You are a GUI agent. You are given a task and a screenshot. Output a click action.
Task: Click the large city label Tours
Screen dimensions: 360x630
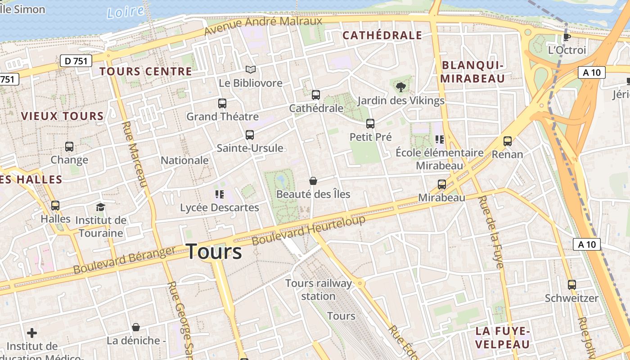(214, 251)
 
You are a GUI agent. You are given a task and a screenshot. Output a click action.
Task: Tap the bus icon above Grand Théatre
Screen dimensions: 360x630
(222, 103)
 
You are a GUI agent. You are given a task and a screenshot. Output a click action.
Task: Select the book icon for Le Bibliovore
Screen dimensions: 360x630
(251, 70)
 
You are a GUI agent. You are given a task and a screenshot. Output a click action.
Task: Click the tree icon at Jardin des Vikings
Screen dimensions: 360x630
(400, 87)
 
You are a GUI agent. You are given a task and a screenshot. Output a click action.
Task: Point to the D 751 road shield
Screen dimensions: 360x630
(76, 61)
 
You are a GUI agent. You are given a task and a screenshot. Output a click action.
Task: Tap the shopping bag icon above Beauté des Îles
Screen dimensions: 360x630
(313, 181)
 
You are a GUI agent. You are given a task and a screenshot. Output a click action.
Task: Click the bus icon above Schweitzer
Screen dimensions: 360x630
(571, 285)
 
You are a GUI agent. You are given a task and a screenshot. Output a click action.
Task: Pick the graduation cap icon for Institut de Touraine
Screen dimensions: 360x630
(100, 207)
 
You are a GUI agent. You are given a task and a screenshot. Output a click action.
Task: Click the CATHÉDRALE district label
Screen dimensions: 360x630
(382, 36)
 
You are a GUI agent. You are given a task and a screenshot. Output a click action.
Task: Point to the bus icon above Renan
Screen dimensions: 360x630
(508, 141)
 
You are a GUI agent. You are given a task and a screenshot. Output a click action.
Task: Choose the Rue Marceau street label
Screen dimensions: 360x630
(135, 154)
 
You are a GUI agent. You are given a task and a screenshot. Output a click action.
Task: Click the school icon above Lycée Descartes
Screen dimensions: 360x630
(220, 194)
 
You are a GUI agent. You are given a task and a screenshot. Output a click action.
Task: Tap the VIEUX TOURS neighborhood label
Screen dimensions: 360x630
(62, 116)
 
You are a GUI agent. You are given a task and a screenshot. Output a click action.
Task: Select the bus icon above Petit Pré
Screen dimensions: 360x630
(370, 124)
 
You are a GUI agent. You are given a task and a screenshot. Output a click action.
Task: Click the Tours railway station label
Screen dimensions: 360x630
(319, 289)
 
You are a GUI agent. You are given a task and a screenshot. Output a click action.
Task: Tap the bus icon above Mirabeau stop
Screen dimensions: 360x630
(442, 184)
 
